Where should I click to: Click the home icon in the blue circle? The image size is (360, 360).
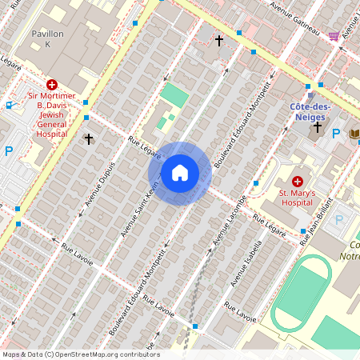[180, 173]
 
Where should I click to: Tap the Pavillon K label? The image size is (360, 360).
[46, 40]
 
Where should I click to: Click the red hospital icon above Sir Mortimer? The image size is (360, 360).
[52, 84]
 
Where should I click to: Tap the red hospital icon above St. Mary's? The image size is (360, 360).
[298, 182]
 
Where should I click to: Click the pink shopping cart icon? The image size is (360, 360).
[334, 36]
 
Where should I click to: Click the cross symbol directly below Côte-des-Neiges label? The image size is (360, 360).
[318, 127]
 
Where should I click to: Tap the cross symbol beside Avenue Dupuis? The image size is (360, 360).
[89, 139]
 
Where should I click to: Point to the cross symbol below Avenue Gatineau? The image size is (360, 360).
[218, 38]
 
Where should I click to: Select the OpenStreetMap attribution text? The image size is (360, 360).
[80, 354]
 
